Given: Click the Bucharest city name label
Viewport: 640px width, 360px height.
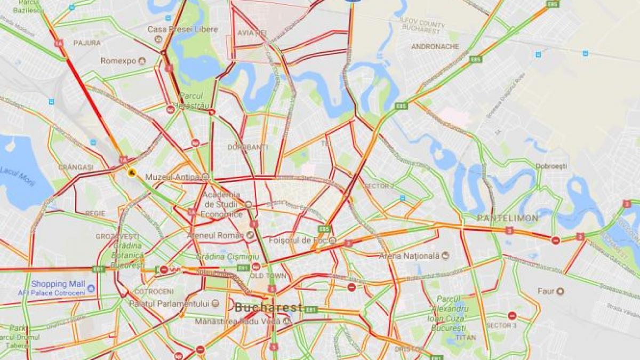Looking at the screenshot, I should tap(268, 308).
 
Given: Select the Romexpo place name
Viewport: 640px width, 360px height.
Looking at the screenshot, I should tap(118, 61).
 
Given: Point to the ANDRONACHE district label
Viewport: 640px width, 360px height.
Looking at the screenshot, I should tap(435, 46).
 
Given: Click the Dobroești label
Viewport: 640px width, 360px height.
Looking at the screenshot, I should tap(551, 166).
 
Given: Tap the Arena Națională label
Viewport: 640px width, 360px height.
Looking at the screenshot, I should tap(409, 256).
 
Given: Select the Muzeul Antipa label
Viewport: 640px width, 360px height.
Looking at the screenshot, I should tap(173, 177).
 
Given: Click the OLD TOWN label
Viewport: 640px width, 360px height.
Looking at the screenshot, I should tap(268, 276).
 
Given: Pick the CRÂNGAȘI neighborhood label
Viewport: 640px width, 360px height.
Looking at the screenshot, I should tap(76, 167).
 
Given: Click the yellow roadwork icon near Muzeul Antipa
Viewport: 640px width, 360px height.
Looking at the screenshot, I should tap(132, 172).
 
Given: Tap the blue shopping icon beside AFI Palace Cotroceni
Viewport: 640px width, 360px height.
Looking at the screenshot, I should tap(91, 289).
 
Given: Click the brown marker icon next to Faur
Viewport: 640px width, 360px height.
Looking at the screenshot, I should tap(560, 291).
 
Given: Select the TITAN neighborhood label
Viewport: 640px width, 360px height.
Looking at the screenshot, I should tap(466, 338).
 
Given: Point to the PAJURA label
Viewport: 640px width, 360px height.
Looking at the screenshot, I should tap(87, 43).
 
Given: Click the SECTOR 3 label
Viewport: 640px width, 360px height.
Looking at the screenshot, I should tap(501, 325).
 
